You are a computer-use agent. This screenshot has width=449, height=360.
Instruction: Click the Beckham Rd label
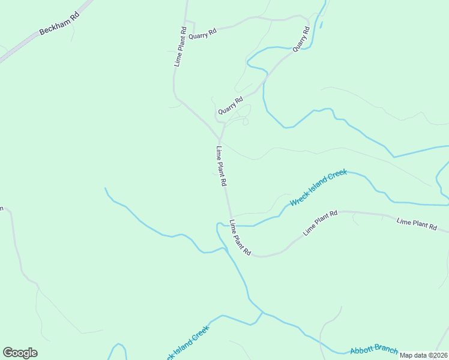coord(59,25)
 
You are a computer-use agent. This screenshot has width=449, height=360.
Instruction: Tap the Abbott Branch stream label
coord(373,349)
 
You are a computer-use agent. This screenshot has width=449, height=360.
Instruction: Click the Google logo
coord(20,353)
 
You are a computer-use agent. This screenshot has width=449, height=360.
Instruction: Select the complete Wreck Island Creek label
coord(319,188)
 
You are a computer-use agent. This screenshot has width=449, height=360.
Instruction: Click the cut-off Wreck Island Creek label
coord(187,343)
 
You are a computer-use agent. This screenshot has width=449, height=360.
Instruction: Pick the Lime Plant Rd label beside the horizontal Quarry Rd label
coord(180,47)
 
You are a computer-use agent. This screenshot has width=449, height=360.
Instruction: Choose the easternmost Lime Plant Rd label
coord(417,224)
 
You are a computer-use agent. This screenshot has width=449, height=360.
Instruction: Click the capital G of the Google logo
coord(8,353)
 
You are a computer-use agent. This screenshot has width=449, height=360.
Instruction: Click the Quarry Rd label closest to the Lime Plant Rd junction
coord(231,106)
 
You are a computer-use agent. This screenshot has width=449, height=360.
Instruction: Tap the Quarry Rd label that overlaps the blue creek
coord(301,38)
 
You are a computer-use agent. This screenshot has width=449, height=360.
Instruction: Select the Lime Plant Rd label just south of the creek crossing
coord(240,238)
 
